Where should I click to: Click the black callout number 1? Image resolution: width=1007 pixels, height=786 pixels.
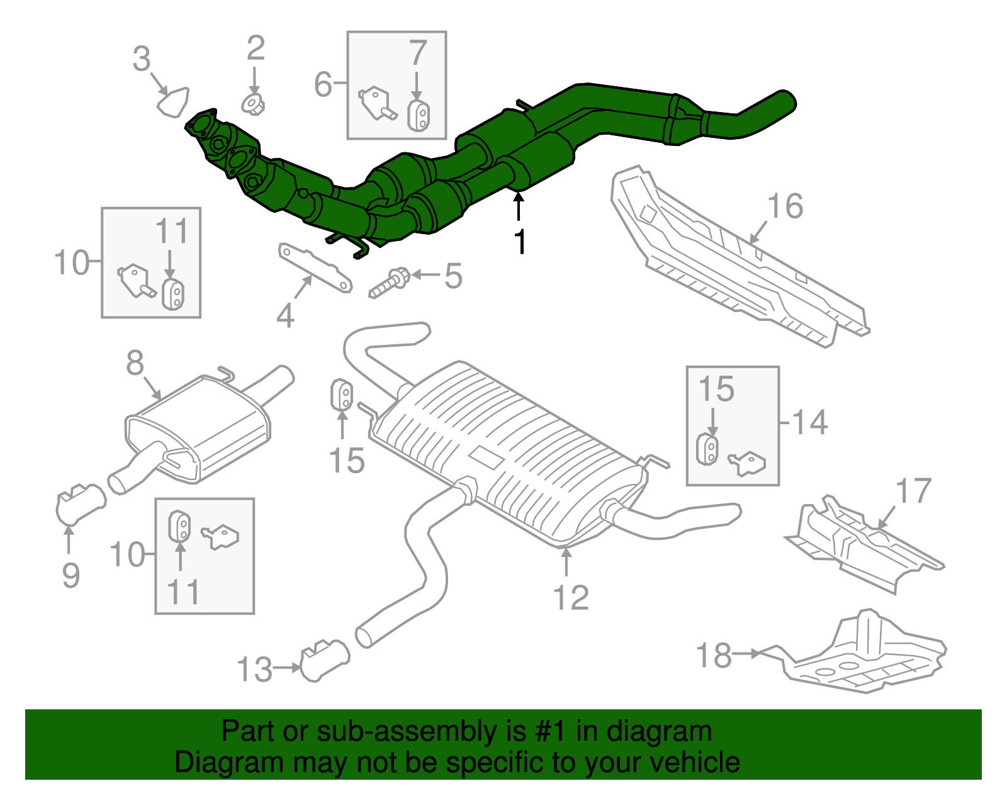tap(520, 242)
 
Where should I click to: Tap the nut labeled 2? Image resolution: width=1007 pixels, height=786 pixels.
tap(253, 104)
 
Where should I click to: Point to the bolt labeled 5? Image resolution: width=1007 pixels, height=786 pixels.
tap(388, 284)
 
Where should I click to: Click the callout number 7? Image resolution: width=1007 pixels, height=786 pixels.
tap(418, 53)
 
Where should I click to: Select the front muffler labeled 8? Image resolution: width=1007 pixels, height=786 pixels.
tap(198, 428)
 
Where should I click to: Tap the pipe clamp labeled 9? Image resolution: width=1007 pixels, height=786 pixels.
tap(81, 504)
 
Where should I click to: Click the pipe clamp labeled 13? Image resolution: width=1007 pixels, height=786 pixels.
tap(324, 660)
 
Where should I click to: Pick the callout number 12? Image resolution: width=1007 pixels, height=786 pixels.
tap(571, 597)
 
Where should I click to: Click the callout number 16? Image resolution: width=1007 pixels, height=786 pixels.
tap(785, 206)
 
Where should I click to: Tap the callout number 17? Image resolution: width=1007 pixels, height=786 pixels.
tap(913, 491)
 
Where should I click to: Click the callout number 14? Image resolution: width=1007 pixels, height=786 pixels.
tap(809, 422)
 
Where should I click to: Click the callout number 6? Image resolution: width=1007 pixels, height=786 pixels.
tap(323, 84)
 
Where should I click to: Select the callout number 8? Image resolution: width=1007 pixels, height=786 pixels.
tap(135, 363)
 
